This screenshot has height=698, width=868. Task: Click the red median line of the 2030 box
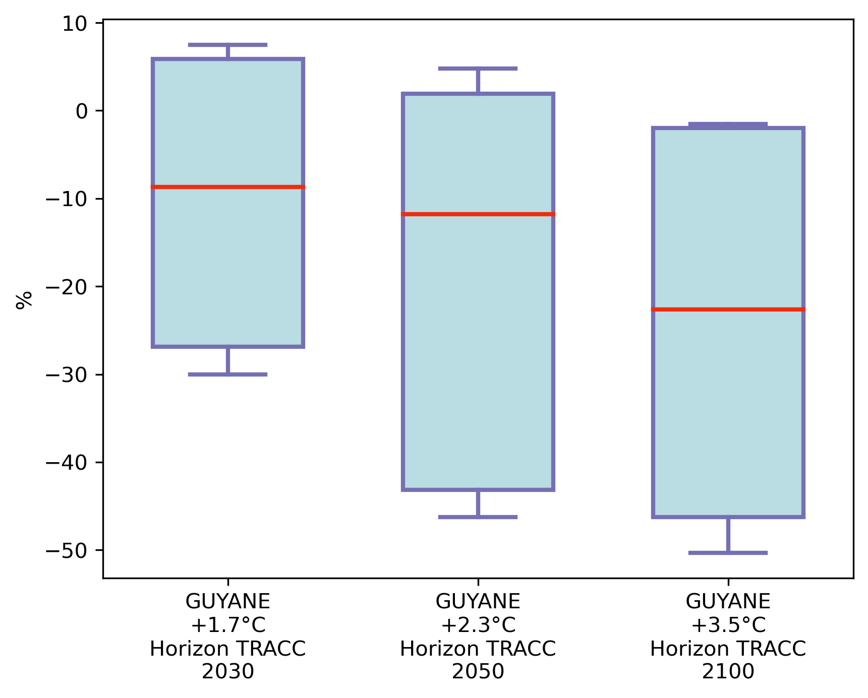click(x=227, y=187)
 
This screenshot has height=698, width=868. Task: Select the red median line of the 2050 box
click(x=478, y=214)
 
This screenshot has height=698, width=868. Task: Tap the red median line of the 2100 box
click(x=728, y=309)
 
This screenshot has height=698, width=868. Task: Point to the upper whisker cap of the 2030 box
click(x=227, y=45)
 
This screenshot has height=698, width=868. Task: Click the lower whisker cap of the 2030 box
click(x=227, y=374)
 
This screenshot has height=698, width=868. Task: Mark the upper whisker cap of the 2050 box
click(x=478, y=68)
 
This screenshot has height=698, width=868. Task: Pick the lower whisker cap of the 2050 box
click(x=478, y=517)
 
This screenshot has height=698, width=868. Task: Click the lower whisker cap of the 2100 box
click(x=728, y=553)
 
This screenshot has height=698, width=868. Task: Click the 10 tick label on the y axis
click(x=75, y=23)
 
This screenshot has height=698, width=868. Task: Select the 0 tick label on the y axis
click(x=82, y=111)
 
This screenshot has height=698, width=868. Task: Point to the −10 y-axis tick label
click(x=67, y=199)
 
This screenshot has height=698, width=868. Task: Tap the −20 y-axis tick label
click(x=67, y=287)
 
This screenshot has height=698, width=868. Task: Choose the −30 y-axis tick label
click(x=67, y=374)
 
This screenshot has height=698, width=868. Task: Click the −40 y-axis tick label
click(x=67, y=463)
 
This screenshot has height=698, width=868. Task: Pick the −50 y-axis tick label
click(x=67, y=550)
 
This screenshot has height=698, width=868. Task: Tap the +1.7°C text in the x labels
click(x=228, y=625)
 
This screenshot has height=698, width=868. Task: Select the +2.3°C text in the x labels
click(x=478, y=625)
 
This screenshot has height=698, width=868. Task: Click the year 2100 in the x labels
click(x=728, y=671)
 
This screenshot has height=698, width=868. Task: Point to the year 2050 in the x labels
click(x=478, y=671)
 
